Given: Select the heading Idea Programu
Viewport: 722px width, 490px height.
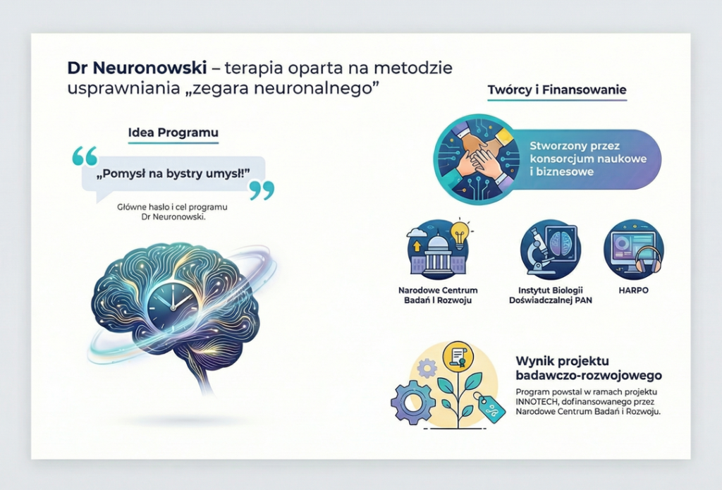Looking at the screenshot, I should click(173, 133).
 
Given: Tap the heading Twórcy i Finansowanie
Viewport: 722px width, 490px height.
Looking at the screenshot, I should click(556, 90).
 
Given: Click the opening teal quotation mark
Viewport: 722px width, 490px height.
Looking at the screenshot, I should click(85, 156).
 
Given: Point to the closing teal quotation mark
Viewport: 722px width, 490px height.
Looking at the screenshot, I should click(262, 190).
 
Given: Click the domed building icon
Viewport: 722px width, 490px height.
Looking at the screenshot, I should click(436, 257).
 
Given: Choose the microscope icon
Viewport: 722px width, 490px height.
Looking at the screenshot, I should click(539, 252).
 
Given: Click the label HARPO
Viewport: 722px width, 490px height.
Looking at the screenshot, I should click(633, 290).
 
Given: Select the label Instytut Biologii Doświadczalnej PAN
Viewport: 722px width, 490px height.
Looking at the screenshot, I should click(550, 295).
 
